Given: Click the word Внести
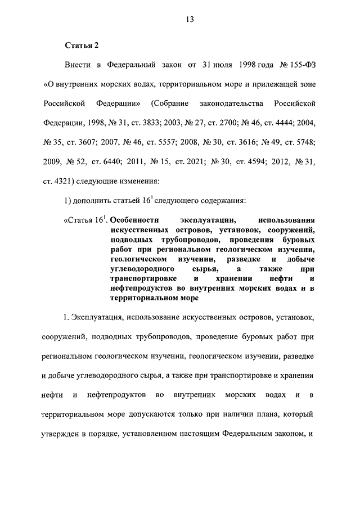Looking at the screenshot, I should (79, 66).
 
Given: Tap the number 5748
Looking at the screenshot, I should (304, 141).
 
